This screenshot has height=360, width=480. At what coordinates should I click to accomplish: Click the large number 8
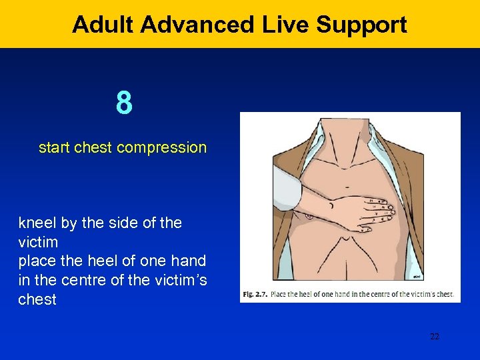point(123,103)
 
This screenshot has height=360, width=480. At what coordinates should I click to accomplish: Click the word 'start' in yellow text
point(55,147)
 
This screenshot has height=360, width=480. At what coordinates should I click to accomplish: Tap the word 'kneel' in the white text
point(37,223)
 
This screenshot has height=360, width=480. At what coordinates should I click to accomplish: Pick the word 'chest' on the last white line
point(37,300)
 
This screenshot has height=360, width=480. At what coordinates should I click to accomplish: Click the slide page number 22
point(434,337)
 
